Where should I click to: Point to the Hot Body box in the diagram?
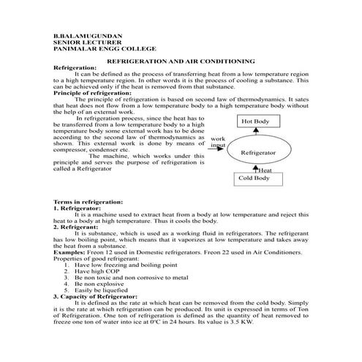(255, 121)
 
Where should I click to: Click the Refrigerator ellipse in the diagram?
(258, 152)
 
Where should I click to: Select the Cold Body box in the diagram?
(252, 177)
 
